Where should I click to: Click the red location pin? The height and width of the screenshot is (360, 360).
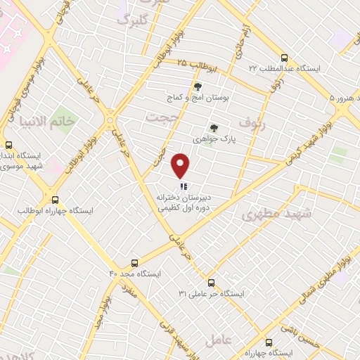tap(181, 166)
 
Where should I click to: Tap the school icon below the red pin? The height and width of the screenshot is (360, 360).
tap(182, 188)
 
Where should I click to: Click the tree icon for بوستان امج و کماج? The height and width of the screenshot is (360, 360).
tap(198, 87)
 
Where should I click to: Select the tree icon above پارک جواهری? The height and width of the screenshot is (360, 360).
tap(214, 128)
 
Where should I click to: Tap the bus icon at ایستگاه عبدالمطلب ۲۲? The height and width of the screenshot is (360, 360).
tap(283, 58)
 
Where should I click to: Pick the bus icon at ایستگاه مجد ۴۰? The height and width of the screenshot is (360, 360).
tap(135, 262)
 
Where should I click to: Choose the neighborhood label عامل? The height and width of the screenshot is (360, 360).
tap(218, 340)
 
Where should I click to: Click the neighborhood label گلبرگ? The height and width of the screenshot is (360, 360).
tap(134, 20)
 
